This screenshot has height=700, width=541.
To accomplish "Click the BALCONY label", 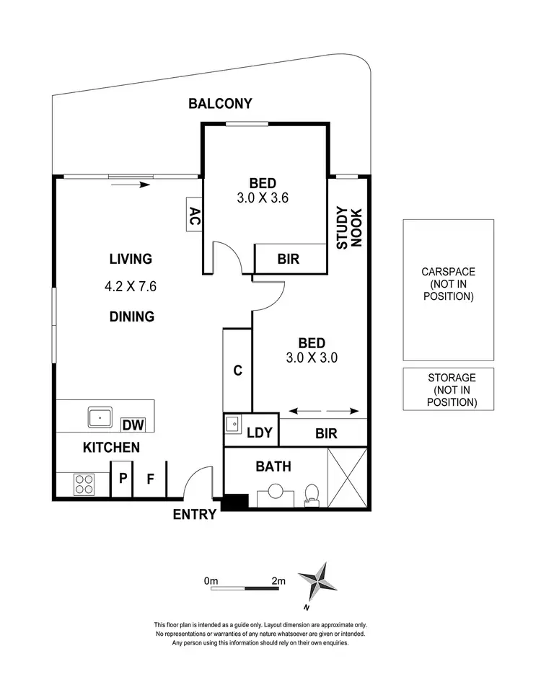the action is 220,104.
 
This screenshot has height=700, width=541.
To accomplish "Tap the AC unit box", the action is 194,214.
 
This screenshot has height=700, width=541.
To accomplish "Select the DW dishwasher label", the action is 132,425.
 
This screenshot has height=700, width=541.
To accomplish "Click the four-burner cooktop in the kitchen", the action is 84,483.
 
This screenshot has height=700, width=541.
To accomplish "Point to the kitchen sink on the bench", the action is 100,417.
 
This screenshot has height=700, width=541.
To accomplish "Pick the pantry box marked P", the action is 122,477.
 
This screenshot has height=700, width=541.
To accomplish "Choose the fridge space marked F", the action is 151,477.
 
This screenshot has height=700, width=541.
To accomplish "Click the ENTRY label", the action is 195,514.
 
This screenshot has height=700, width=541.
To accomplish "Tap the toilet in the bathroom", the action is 312,493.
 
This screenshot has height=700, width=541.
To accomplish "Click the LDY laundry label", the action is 259,433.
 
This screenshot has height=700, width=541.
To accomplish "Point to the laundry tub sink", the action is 233,425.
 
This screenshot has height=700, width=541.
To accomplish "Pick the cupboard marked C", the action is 237,371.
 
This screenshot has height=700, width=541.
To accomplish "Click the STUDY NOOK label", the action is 348,228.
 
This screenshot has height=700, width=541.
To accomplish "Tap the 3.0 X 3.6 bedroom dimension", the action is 263,198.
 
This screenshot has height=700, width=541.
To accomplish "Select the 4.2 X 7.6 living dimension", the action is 131,285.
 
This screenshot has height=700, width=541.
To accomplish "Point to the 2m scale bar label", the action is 278,580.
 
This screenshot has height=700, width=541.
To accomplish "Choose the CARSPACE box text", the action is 448,284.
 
